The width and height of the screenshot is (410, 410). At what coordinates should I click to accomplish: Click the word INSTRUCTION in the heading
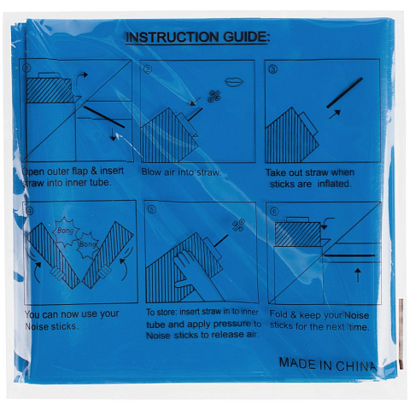pos(173,38)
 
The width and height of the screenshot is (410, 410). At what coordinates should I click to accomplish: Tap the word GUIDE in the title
pos(244,37)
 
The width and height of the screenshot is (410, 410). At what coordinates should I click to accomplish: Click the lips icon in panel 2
pos(234,82)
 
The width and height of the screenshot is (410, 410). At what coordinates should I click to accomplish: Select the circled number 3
pos(273,69)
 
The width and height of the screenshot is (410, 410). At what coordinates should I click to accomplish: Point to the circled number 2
pos(148,69)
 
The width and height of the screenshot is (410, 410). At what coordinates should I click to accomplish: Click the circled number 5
pos(153,210)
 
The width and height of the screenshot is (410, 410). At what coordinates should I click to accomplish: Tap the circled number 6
pos(274,211)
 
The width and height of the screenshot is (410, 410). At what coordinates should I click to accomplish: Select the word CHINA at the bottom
pos(356,366)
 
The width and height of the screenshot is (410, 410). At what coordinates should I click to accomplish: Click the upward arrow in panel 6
pos(358,275)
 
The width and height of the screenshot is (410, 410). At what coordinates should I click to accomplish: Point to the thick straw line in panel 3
pos(345,93)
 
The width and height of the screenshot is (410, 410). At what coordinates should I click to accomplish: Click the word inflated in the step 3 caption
pos(334,184)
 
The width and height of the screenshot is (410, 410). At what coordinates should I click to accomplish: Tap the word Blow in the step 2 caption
pos(151,172)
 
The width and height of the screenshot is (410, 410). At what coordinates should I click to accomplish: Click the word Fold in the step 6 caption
pos(279,314)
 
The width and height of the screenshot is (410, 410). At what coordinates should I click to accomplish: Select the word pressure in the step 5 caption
pos(232,324)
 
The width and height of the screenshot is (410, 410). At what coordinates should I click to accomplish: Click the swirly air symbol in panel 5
pos(238,225)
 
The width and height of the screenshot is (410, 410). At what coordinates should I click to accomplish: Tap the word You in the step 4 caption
pos(32,314)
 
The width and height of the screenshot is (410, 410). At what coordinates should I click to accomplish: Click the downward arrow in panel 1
pos(114,134)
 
